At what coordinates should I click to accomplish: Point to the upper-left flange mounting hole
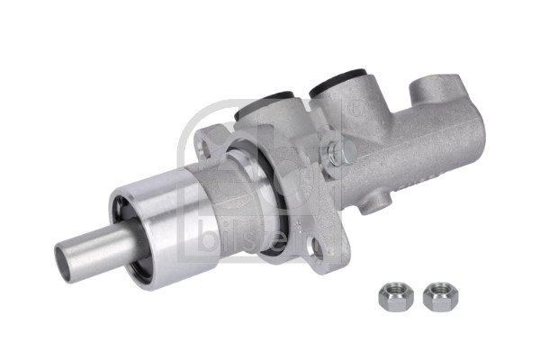click(209, 135)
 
